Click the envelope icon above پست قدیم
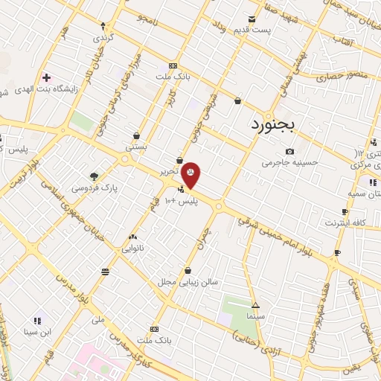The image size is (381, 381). point(252,19)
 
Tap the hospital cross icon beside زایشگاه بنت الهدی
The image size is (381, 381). point(47,77)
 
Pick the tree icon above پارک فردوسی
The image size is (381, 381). point(94,176)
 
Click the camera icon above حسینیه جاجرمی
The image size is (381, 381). point(289,151)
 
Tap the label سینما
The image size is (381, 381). point(256,316)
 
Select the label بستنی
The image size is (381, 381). point(136,147)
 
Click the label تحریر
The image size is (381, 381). point(170,171)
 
